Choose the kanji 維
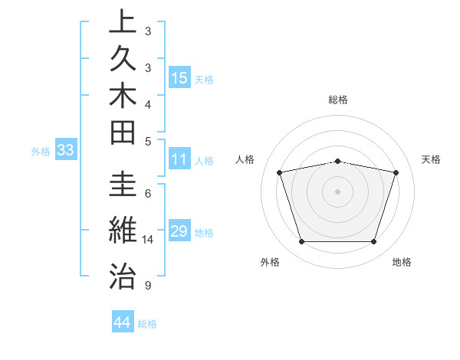(x=123, y=230)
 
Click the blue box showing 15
(x=179, y=77)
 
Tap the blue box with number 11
(x=179, y=159)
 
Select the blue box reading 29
(x=179, y=231)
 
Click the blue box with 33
(x=66, y=150)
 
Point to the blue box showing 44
(x=123, y=322)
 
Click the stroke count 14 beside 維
(x=148, y=240)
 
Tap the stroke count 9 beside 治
(x=148, y=286)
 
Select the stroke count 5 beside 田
(x=148, y=140)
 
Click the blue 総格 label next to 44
(x=147, y=324)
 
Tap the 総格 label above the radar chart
(x=337, y=100)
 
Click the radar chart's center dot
(x=337, y=191)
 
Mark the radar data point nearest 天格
(x=396, y=172)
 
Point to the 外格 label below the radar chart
(x=270, y=262)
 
